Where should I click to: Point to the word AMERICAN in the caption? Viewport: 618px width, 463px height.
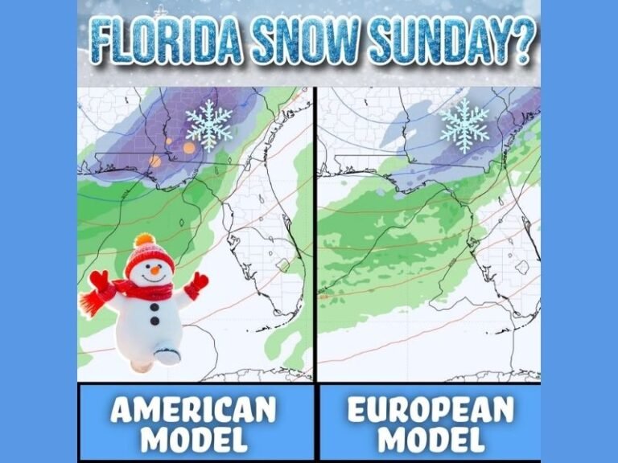pyautogui.click(x=193, y=411)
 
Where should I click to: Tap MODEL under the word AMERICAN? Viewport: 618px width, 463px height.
pyautogui.click(x=193, y=440)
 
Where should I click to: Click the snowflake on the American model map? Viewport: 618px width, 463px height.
pyautogui.click(x=209, y=125)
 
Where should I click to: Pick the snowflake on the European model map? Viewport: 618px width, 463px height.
pyautogui.click(x=464, y=125)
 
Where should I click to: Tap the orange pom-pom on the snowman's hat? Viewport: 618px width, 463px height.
pyautogui.click(x=144, y=240)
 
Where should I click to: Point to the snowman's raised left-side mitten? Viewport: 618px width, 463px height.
pyautogui.click(x=100, y=282)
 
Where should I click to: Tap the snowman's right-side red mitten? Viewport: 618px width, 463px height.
pyautogui.click(x=196, y=283)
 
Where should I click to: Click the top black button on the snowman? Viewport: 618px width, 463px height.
pyautogui.click(x=154, y=306)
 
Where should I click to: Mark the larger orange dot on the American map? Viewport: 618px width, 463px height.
pyautogui.click(x=189, y=148)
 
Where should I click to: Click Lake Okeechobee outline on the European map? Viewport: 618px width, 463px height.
pyautogui.click(x=522, y=266)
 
